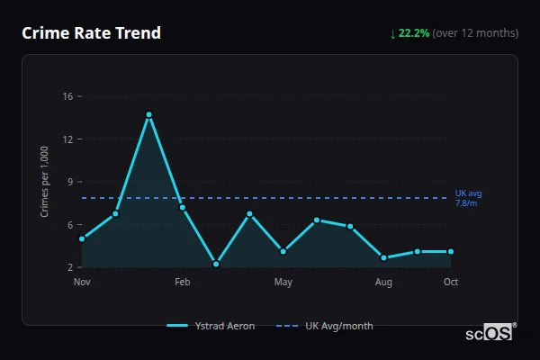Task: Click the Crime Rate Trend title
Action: pos(91,33)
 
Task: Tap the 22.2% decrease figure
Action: pos(415,33)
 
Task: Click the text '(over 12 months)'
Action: pos(475,33)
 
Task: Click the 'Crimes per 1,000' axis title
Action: pos(45,182)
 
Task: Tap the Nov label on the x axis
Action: pos(82,282)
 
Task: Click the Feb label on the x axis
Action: pos(183,282)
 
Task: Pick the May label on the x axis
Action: pos(283,282)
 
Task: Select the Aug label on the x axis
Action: pos(383,282)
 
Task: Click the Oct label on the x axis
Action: pos(451,282)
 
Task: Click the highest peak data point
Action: pos(148,114)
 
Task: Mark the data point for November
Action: pos(82,238)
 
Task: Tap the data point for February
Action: pos(183,208)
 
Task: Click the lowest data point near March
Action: pos(216,264)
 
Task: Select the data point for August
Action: pos(383,257)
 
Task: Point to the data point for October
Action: pos(451,251)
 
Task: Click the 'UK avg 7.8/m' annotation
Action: pos(468,198)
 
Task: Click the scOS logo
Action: pos(490,332)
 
